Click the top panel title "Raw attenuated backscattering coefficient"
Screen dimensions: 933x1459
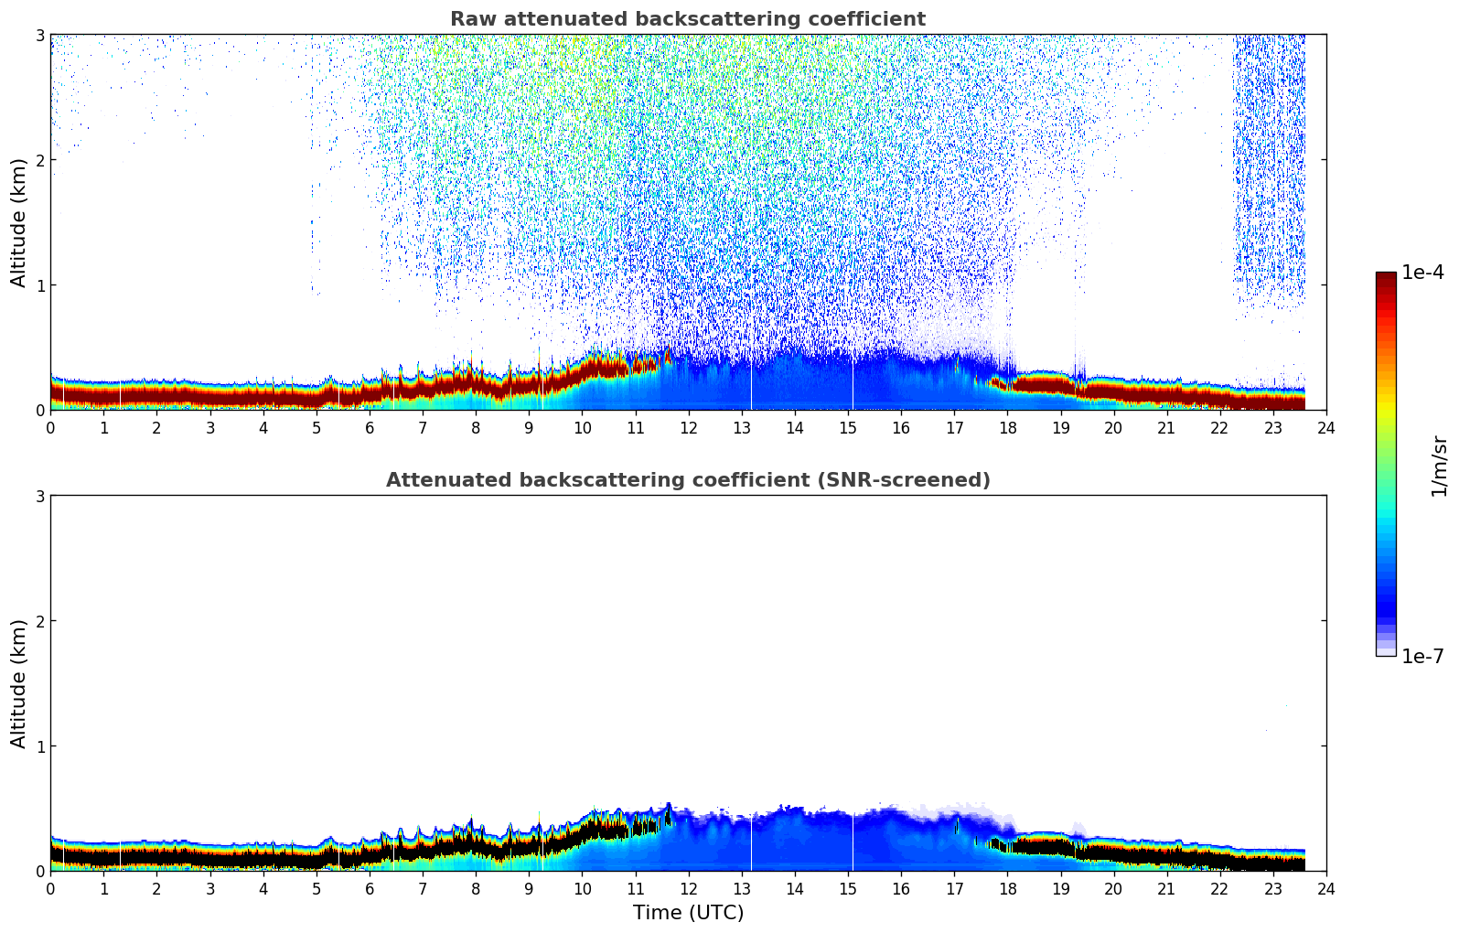pos(687,19)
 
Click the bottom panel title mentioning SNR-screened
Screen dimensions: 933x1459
pos(687,480)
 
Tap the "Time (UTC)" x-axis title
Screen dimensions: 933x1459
pos(688,913)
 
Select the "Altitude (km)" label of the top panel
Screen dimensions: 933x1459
pos(19,222)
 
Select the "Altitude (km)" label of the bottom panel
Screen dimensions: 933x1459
pos(19,683)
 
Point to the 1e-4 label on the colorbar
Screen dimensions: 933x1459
pos(1422,273)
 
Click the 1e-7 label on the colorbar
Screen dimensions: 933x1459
pos(1422,656)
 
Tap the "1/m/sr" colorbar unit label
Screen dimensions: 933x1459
pos(1439,466)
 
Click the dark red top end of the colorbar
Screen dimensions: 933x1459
pos(1386,277)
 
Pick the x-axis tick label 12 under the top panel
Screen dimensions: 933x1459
pos(689,427)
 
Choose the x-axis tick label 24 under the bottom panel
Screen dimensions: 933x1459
pos(1326,888)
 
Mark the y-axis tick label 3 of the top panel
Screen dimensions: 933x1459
pos(40,35)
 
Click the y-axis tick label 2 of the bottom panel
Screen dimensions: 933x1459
pos(40,621)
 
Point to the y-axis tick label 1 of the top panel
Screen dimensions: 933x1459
pos(40,285)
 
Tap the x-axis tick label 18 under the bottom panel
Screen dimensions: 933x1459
pos(1007,888)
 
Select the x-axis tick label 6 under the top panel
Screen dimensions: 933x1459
pos(370,427)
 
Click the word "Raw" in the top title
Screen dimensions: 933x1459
pos(467,19)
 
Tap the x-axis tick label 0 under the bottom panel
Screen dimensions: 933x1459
pos(50,888)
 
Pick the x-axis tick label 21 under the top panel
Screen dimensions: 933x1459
pos(1166,427)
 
